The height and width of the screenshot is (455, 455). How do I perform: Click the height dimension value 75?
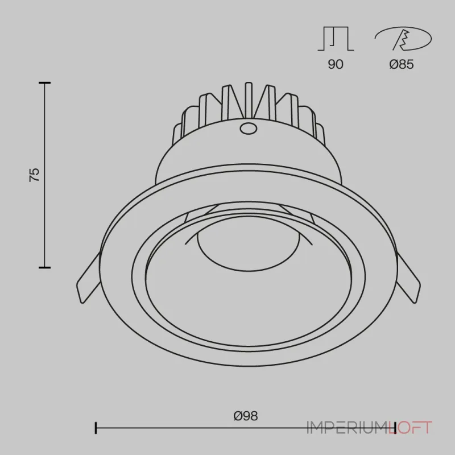coord(34,175)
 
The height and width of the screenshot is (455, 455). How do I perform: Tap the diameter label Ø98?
coord(246,416)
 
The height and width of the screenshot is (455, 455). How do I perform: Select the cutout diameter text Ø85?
coord(402,64)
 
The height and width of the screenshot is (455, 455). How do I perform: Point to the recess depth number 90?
coord(336,64)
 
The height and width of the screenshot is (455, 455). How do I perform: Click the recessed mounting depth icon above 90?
coord(336,39)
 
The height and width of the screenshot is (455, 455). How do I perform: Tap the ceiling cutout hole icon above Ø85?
coord(403,39)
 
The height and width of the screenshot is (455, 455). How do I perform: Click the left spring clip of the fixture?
coord(89,278)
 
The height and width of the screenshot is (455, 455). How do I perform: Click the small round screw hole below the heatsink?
coord(248,128)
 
